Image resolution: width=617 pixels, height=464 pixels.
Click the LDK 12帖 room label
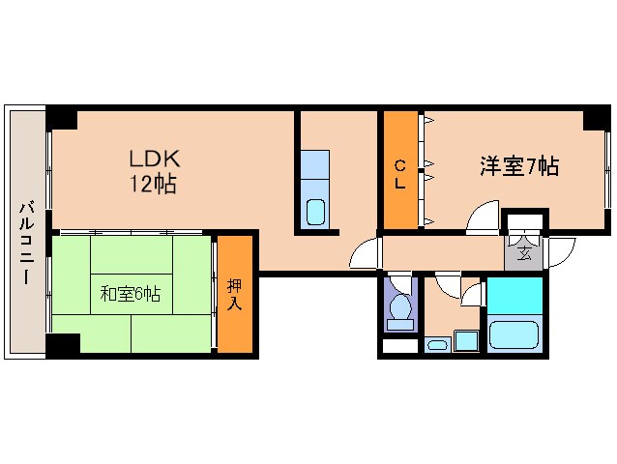pos(153,171)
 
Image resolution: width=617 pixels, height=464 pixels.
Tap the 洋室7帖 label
pos(519,165)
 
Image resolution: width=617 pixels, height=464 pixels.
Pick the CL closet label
pos(399,173)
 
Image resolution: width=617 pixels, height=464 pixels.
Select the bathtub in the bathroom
pos(515,334)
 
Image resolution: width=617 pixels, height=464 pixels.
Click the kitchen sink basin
pos(315,211)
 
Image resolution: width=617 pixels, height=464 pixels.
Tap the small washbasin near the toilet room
pos(436,343)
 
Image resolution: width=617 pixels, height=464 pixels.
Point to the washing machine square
pos(466,340)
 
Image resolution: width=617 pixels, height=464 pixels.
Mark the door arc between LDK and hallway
pos(364,253)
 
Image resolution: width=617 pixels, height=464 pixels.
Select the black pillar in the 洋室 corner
pos(593,123)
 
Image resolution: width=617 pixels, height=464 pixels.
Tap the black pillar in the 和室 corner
pos(63,343)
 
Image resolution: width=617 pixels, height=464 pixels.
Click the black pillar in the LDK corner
pos(63,118)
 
